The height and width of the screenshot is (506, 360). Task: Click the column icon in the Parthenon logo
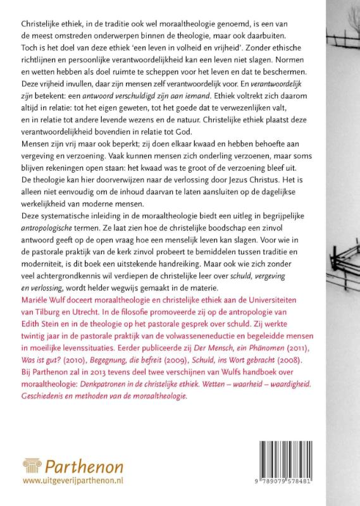tap(30, 470)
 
